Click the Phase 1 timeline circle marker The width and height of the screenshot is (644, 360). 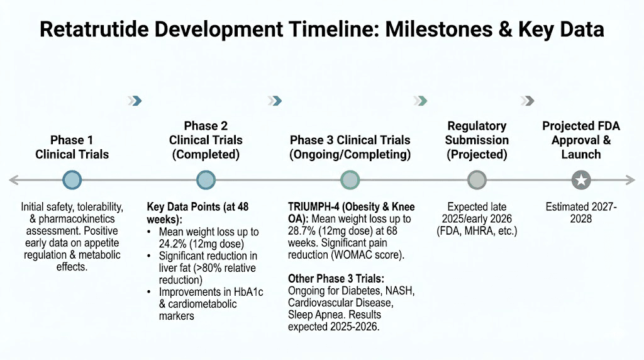tap(72, 181)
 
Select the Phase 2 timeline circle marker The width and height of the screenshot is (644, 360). tap(206, 181)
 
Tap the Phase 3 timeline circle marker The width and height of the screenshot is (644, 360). tap(350, 181)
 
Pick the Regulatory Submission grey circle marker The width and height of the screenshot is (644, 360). tap(477, 181)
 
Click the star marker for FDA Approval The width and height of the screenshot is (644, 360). tap(581, 181)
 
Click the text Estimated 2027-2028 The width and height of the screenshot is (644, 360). tap(581, 213)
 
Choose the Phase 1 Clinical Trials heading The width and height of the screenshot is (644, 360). tap(72, 147)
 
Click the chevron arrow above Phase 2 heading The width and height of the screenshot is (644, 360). tap(135, 101)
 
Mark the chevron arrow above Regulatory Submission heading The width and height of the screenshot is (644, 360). tap(420, 101)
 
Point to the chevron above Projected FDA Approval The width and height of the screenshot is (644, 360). tap(528, 101)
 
